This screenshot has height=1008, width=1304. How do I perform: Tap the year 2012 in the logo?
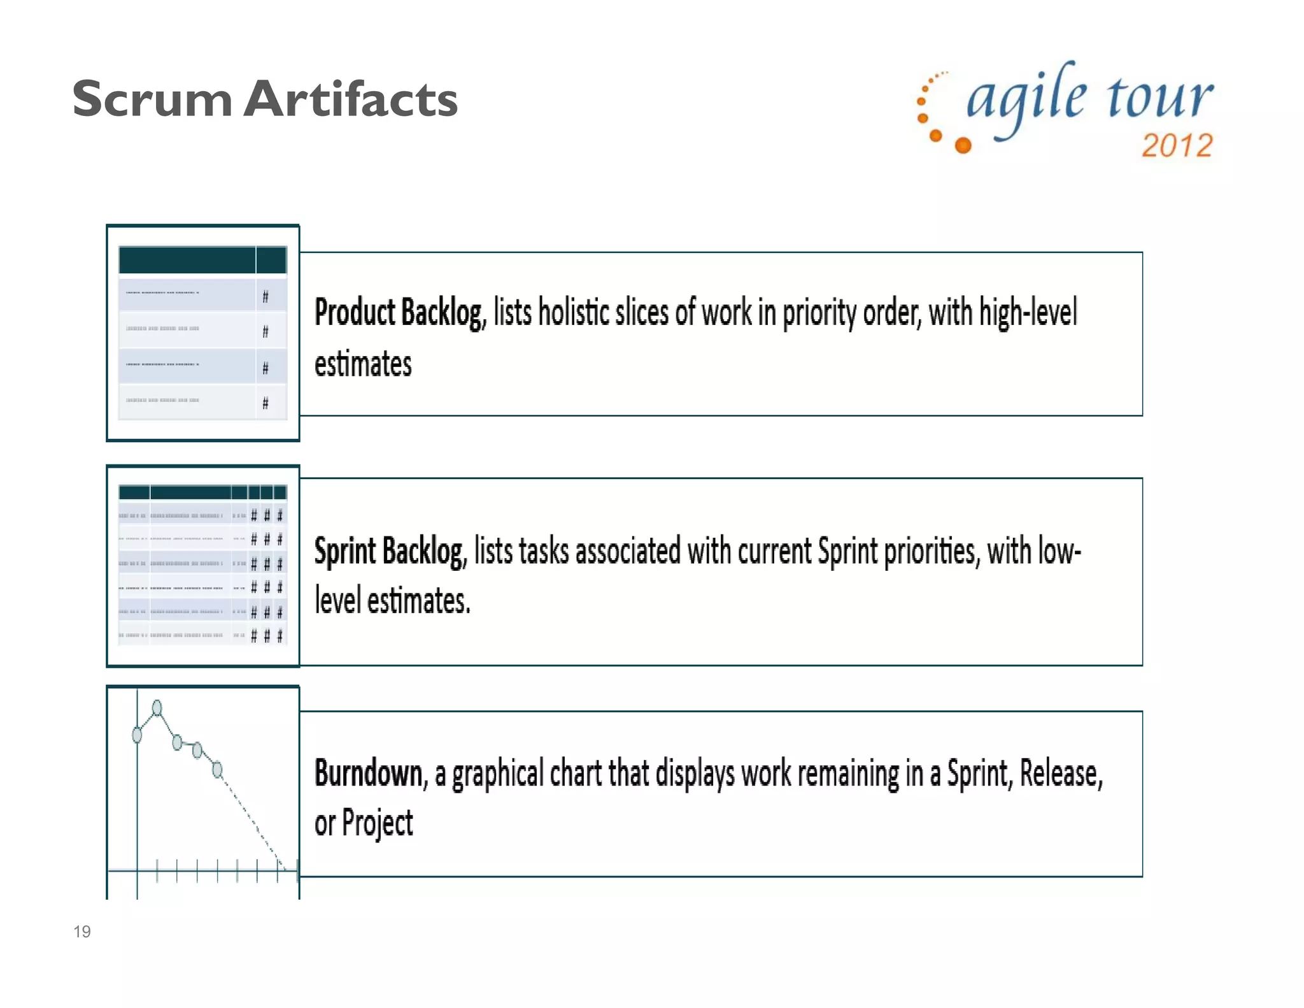click(x=1177, y=146)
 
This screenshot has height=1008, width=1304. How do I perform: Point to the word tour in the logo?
click(x=1159, y=99)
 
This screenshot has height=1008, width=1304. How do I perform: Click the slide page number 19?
click(x=82, y=932)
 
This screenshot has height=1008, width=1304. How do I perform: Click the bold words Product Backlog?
click(x=399, y=313)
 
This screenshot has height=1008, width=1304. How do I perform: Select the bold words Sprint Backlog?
click(x=390, y=551)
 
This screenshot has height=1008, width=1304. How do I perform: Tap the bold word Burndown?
click(x=369, y=774)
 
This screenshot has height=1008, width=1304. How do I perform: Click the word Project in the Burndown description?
click(x=378, y=823)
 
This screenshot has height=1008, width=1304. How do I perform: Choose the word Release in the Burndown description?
click(x=1060, y=774)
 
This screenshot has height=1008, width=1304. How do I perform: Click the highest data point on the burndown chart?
click(x=157, y=707)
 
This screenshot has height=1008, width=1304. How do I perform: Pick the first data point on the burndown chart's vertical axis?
click(x=137, y=735)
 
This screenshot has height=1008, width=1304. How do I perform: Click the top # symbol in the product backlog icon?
click(x=266, y=296)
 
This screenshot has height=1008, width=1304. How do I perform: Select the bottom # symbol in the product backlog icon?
click(x=266, y=403)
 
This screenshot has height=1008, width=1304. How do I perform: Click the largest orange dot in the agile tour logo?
click(x=963, y=146)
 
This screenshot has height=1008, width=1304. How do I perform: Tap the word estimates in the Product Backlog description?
click(x=363, y=364)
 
